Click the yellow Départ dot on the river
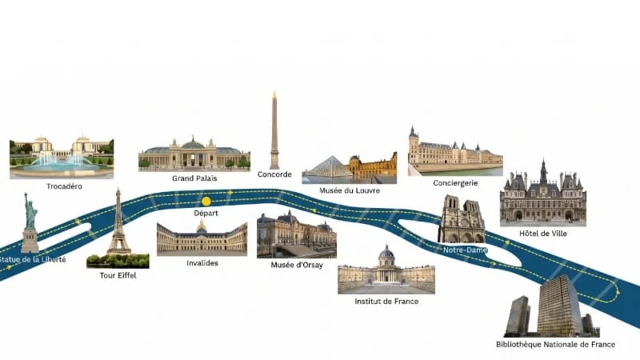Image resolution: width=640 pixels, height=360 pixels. point(206,202)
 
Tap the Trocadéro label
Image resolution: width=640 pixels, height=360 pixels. point(64,186)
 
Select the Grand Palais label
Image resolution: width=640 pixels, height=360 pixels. point(194,178)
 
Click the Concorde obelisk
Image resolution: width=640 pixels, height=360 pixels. point(274,130)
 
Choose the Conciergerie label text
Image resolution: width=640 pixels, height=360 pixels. point(455,183)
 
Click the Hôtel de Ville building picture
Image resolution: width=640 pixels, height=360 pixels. point(543,193)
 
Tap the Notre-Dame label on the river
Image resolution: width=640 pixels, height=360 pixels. point(465,250)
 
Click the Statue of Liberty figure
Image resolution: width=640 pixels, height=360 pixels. point(30,222)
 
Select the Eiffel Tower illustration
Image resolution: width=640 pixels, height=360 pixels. point(118,222)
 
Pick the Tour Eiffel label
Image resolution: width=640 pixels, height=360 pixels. point(118,275)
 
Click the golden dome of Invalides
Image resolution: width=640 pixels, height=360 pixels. point(202,226)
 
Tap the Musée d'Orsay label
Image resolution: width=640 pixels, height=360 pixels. point(297,265)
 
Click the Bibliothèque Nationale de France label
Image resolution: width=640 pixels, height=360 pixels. point(555,344)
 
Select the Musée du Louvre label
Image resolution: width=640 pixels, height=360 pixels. point(350,190)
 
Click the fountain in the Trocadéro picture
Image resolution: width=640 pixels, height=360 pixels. point(62,162)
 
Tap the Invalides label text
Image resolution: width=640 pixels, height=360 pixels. point(202,263)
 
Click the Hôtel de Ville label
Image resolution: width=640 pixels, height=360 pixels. point(543,234)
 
